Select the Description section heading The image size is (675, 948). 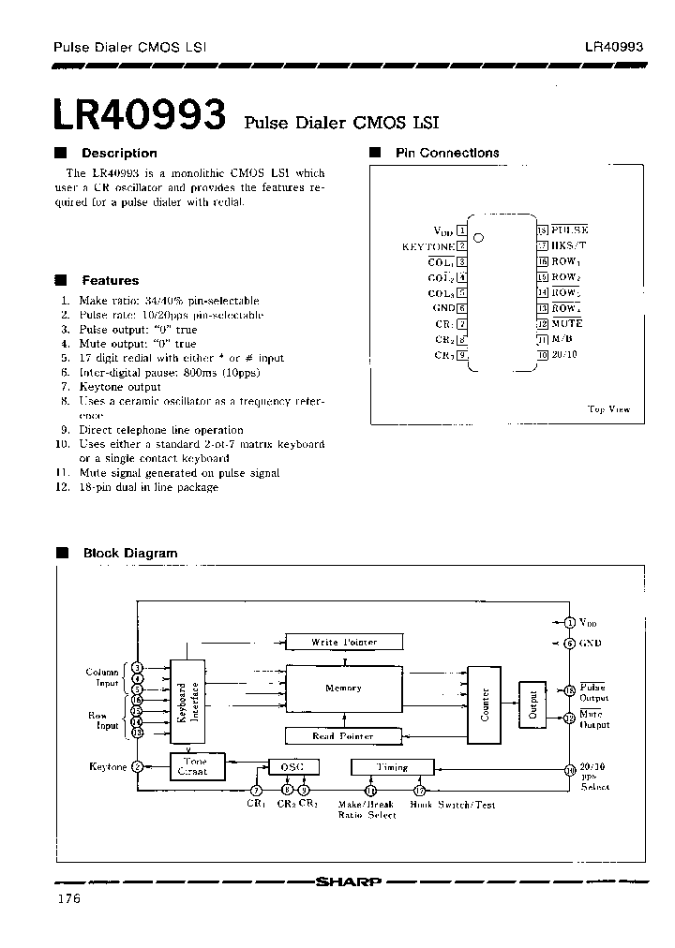pyautogui.click(x=118, y=153)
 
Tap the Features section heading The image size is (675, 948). pyautogui.click(x=110, y=280)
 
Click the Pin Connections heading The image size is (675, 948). pyautogui.click(x=447, y=153)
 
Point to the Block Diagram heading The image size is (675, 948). pyautogui.click(x=129, y=553)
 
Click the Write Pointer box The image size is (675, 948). pyautogui.click(x=344, y=642)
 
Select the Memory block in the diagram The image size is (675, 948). pyautogui.click(x=343, y=689)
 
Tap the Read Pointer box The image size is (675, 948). pyautogui.click(x=343, y=736)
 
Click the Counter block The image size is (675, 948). pyautogui.click(x=485, y=704)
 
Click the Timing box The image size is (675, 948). pyautogui.click(x=392, y=767)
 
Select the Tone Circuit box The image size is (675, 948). pyautogui.click(x=192, y=767)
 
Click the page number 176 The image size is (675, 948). pyautogui.click(x=68, y=899)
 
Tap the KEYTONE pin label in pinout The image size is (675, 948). pyautogui.click(x=427, y=246)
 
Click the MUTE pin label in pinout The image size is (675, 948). pyautogui.click(x=567, y=323)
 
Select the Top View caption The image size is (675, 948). pyautogui.click(x=608, y=408)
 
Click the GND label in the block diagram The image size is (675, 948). pyautogui.click(x=591, y=643)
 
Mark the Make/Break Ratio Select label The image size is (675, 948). pyautogui.click(x=367, y=810)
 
